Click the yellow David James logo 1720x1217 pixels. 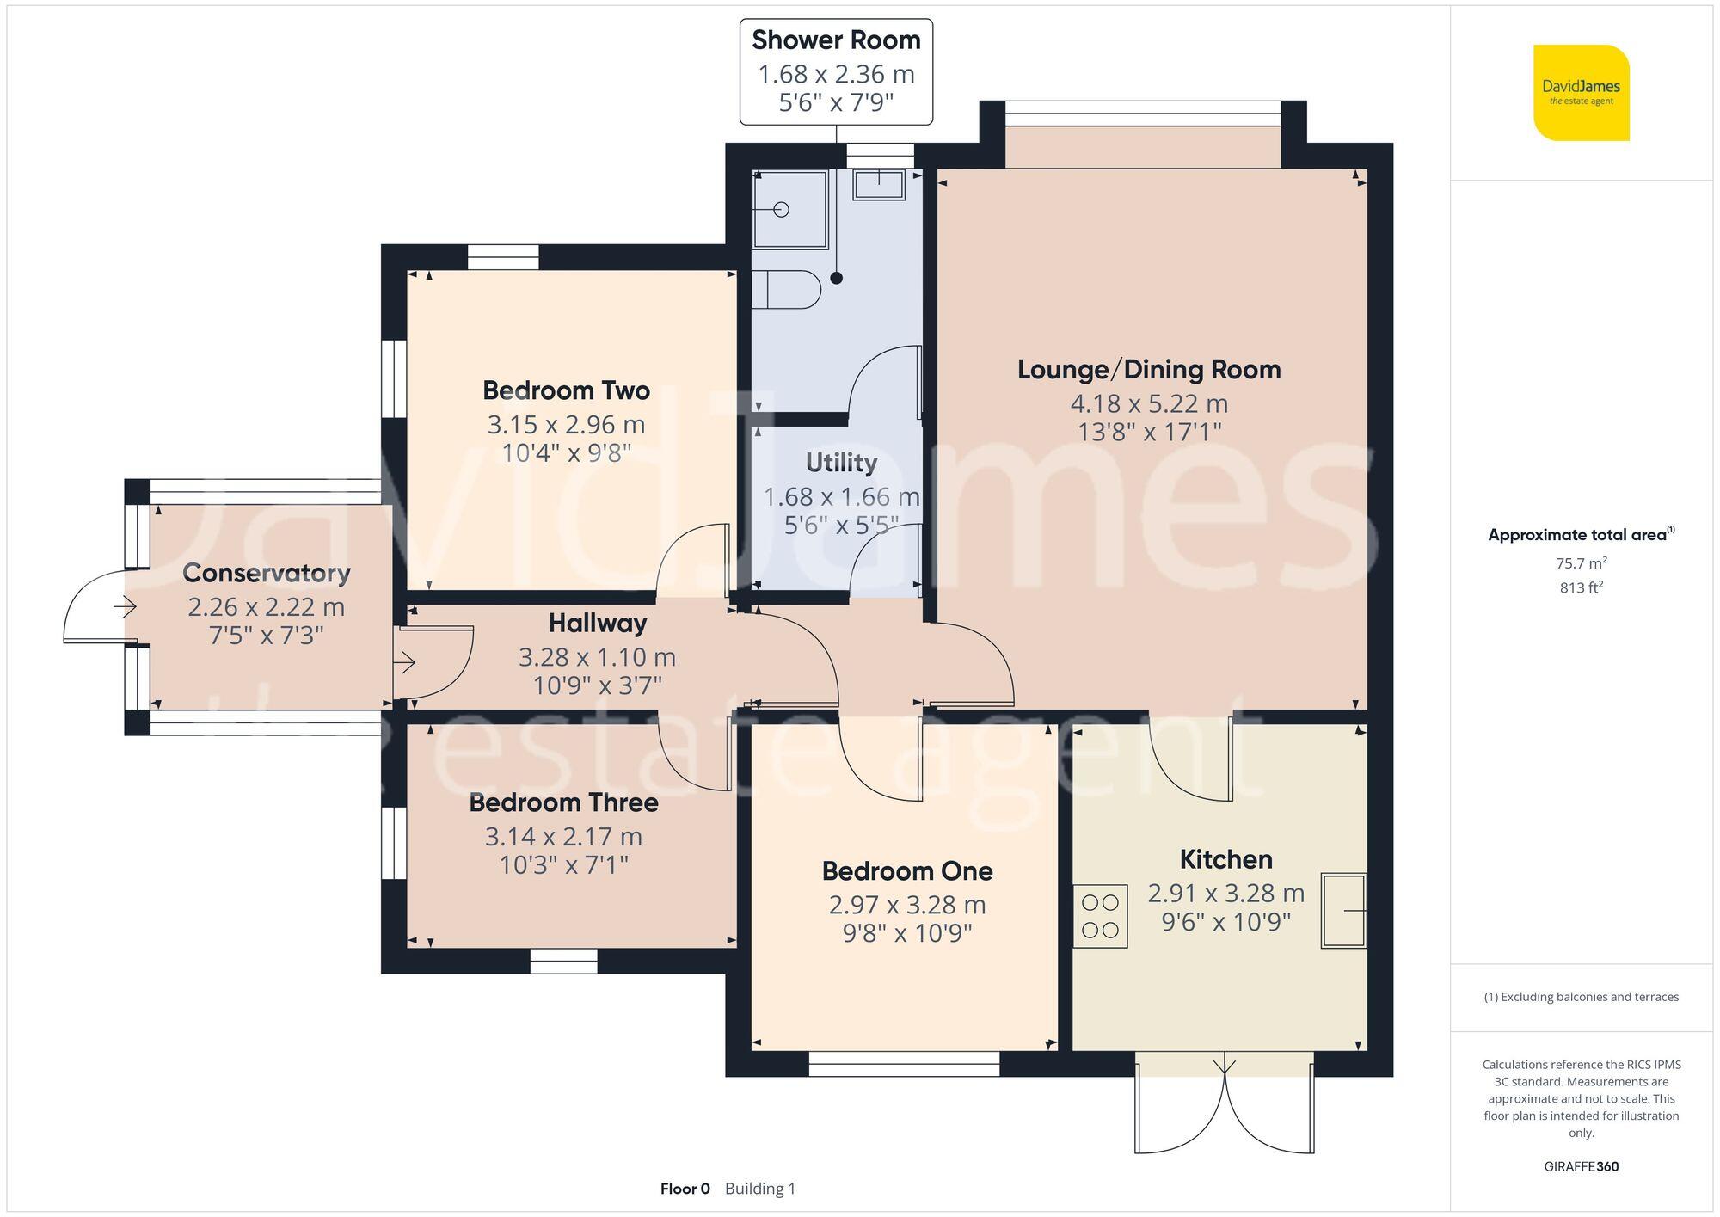point(1581,93)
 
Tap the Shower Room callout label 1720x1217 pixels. point(836,40)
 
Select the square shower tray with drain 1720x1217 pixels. point(789,210)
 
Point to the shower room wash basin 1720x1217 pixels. point(878,184)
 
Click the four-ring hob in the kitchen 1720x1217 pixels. point(1100,916)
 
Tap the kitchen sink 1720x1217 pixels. point(1342,911)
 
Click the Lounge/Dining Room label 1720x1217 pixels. point(1148,370)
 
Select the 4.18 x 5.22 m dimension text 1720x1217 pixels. point(1148,403)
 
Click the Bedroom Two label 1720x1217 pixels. point(566,390)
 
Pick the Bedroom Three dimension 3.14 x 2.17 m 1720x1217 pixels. point(563,836)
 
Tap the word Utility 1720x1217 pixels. point(841,463)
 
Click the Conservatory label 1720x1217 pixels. point(267,573)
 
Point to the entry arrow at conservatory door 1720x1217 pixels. point(125,607)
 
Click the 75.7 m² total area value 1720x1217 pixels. point(1581,563)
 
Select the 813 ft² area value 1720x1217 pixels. point(1581,588)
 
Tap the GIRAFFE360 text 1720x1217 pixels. point(1581,1167)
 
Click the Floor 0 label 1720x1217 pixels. point(685,1189)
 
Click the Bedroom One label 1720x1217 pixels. point(906,871)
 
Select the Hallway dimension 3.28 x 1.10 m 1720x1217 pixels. point(597,658)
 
